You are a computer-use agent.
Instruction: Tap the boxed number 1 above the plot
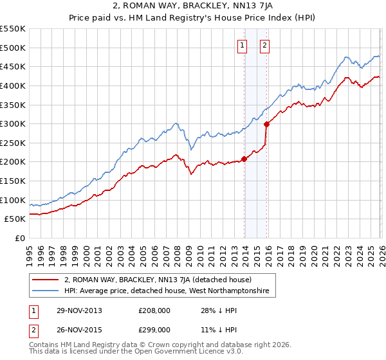point(243,45)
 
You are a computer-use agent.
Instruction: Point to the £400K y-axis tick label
point(13,85)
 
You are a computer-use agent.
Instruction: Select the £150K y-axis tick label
point(13,181)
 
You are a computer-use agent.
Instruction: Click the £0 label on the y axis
point(20,238)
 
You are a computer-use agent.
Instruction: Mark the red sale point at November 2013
point(244,159)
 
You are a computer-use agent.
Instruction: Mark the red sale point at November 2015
point(266,124)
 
